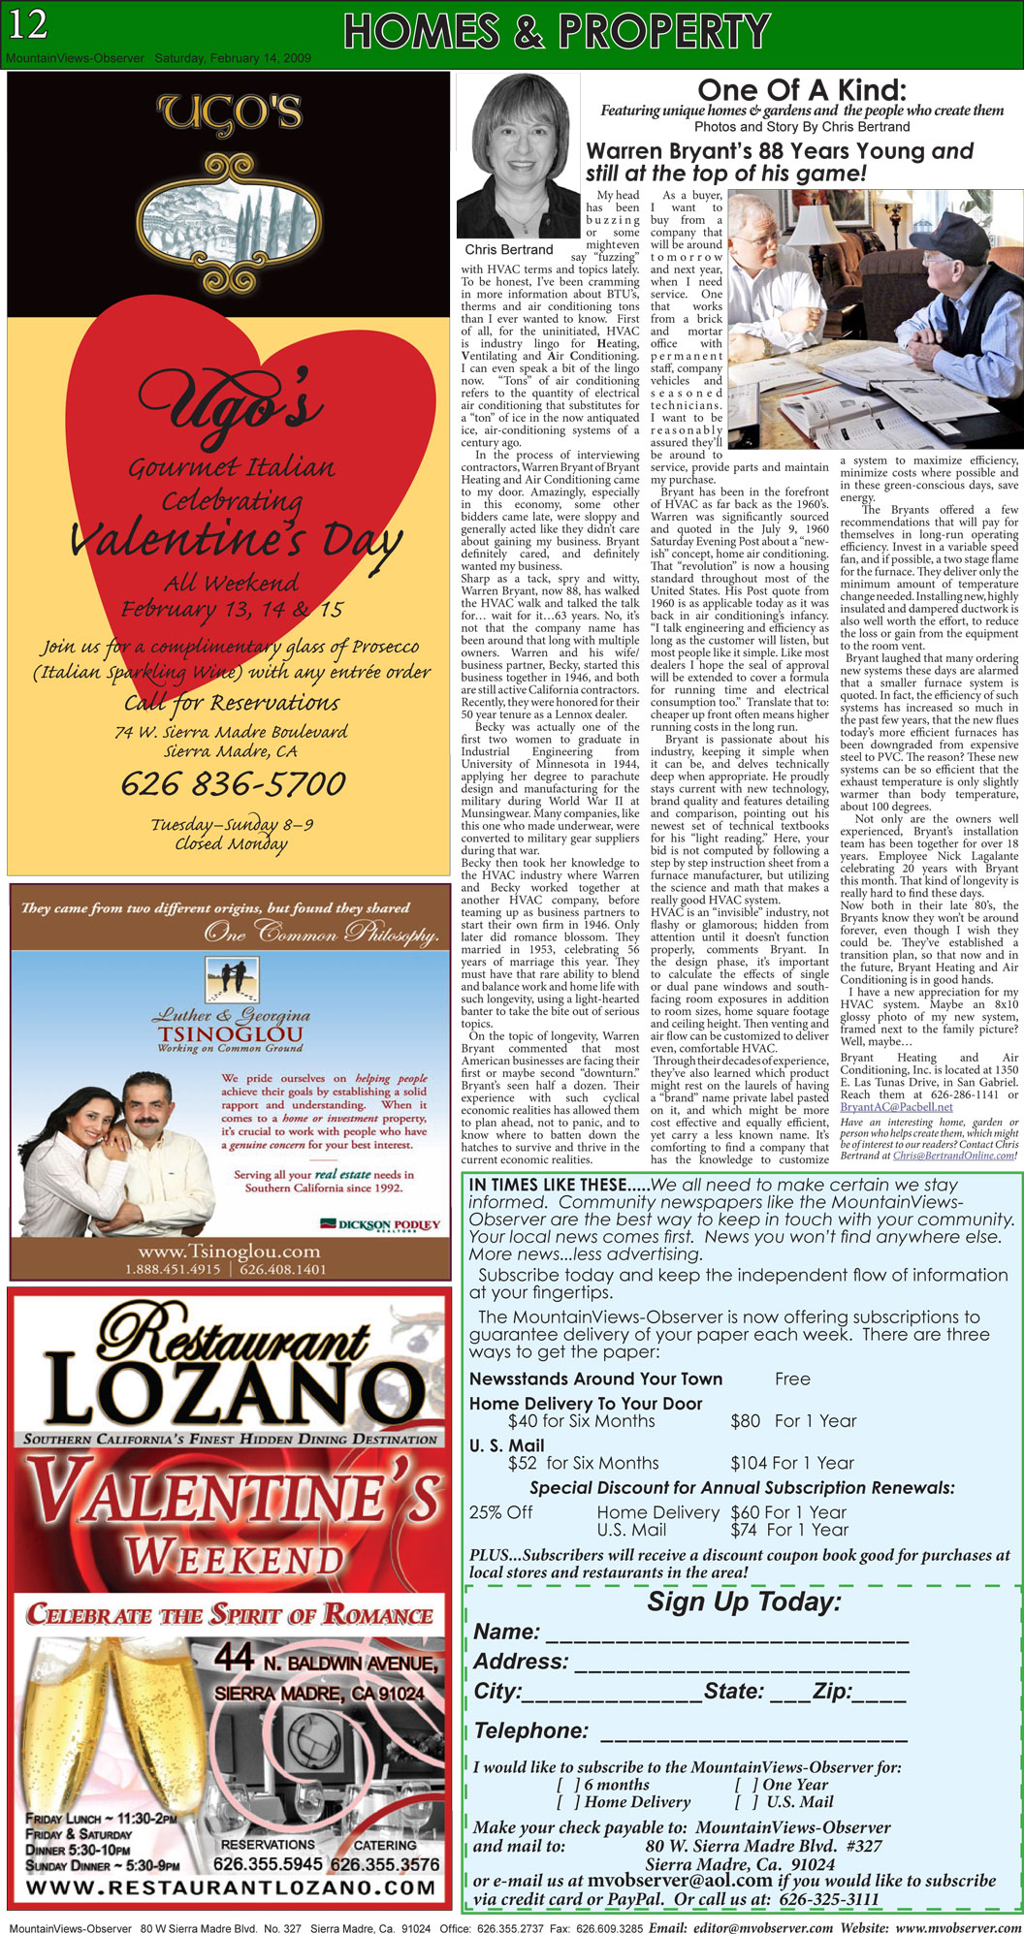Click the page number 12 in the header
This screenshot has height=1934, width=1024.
pos(28,24)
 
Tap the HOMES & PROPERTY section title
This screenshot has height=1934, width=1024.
pos(557,31)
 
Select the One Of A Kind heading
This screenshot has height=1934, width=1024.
pos(802,90)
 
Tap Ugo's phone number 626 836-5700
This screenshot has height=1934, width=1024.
pos(233,783)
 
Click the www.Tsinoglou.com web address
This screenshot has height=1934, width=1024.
pos(229,1252)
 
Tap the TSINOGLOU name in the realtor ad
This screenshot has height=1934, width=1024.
pos(230,1034)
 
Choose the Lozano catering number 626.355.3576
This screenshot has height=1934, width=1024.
pos(384,1863)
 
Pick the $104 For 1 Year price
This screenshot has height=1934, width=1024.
pos(793,1463)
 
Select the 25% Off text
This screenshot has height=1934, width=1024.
pos(501,1512)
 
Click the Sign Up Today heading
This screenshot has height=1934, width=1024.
pos(744,1601)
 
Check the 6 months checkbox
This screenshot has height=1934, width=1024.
pos(569,1785)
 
